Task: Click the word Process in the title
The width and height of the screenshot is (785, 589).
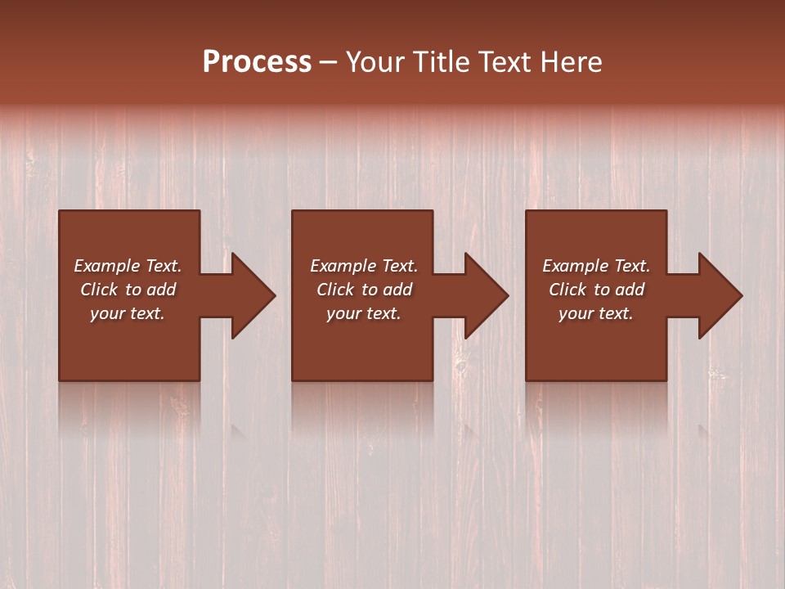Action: point(257,61)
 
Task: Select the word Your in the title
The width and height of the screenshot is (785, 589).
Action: point(376,61)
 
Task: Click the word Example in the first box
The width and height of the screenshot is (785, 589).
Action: point(106,265)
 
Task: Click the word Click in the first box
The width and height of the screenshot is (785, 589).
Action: point(99,289)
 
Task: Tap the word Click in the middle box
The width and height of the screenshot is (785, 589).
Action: point(335,289)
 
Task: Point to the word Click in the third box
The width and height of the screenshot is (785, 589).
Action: point(567,289)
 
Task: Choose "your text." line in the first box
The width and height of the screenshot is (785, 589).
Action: point(128,312)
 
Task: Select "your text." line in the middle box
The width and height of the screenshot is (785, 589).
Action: point(363,312)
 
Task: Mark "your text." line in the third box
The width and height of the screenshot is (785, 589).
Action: point(596,312)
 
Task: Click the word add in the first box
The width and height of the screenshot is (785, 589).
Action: point(162,289)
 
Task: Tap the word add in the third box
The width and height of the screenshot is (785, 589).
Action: point(630,289)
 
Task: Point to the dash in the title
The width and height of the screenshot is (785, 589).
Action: point(329,62)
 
